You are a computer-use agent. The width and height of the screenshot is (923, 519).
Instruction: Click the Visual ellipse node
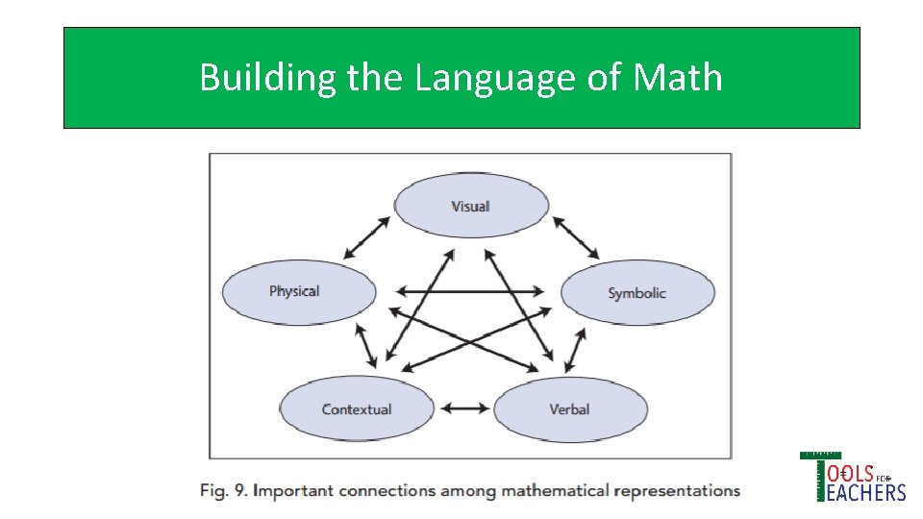(471, 206)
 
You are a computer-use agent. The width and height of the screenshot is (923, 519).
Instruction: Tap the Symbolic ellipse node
(637, 293)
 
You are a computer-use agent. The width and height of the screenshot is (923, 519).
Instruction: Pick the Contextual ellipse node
(356, 408)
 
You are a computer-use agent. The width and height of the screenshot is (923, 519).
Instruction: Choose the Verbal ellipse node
(570, 408)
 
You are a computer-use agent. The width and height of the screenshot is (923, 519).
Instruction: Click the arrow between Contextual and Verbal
(464, 408)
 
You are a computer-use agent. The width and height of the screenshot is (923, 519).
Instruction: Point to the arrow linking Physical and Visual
(367, 237)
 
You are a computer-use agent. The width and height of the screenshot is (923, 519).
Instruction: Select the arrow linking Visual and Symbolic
(575, 237)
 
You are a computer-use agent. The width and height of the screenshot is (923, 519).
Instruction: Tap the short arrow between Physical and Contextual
(366, 345)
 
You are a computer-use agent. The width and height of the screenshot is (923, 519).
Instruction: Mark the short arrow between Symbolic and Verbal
(575, 349)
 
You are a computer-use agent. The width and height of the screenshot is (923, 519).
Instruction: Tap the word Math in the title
(678, 77)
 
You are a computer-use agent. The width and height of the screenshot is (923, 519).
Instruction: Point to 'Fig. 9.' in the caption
(221, 491)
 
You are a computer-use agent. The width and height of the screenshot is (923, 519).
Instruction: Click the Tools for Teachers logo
(853, 478)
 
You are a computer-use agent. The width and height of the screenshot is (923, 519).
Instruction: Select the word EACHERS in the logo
(863, 492)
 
